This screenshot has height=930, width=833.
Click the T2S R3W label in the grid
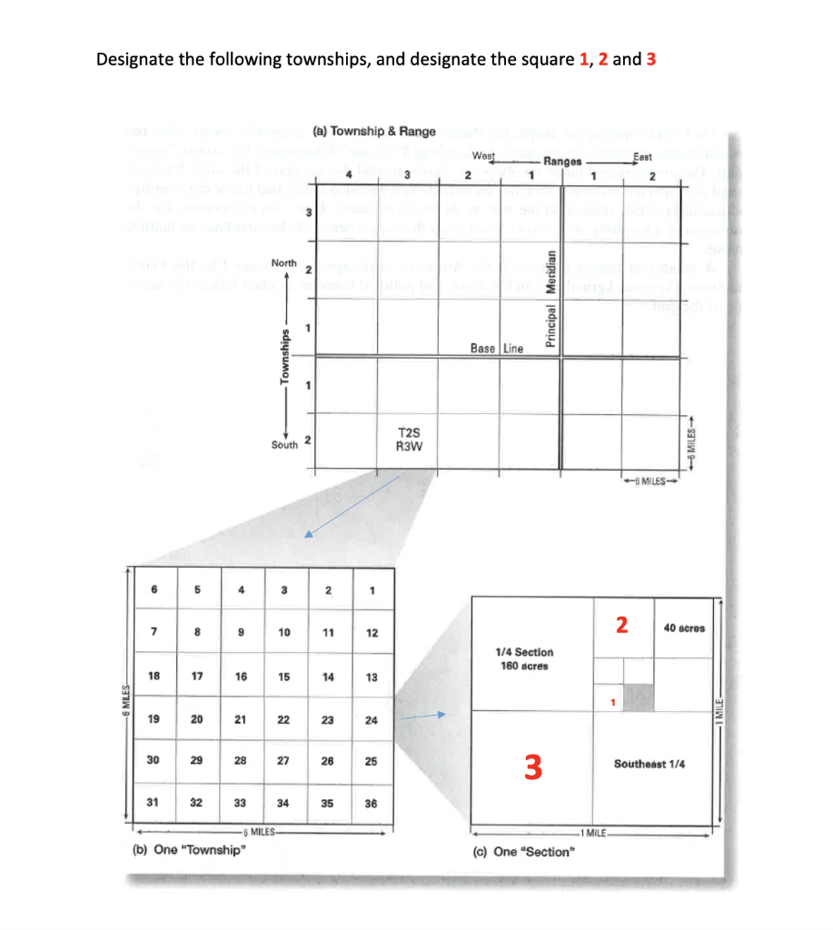(x=407, y=439)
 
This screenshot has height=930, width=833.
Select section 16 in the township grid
(x=241, y=677)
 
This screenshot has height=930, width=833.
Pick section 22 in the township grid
(x=283, y=719)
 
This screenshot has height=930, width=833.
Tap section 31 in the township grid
(x=154, y=802)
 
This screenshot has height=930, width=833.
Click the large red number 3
(x=533, y=768)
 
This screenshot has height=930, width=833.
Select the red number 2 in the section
(x=620, y=625)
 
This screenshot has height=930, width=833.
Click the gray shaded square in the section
(x=640, y=697)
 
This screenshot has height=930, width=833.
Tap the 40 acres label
(x=683, y=628)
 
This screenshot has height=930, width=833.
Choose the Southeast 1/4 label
(x=650, y=764)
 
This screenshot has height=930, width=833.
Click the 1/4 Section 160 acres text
(x=524, y=658)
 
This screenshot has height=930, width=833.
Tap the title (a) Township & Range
(x=373, y=131)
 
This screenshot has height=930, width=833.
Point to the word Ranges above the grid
(x=562, y=162)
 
